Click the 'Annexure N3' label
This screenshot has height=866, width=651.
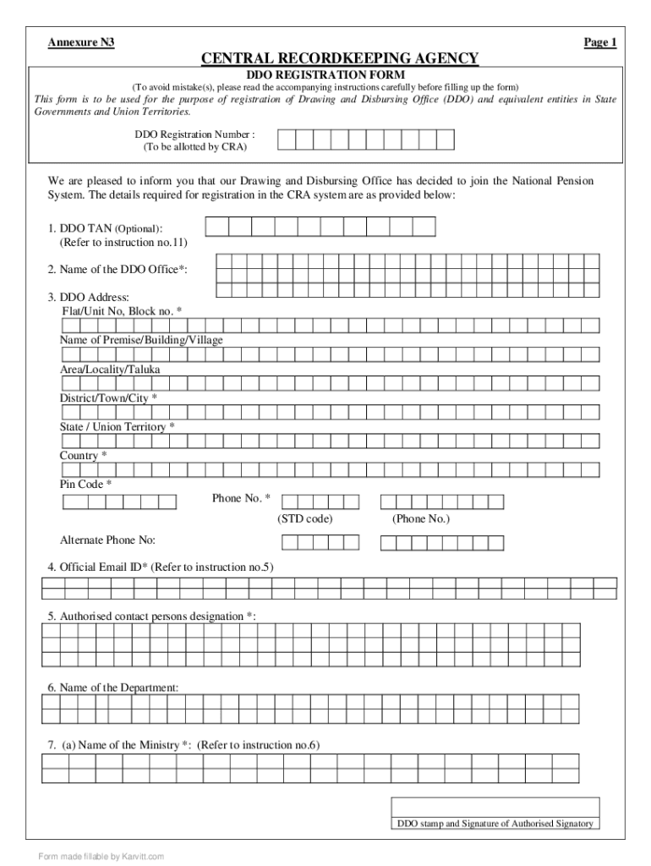[81, 42]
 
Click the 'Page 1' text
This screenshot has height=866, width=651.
[600, 42]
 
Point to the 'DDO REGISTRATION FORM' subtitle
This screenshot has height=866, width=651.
[325, 74]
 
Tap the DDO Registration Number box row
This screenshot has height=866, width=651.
[366, 140]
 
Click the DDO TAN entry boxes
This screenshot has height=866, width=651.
[320, 227]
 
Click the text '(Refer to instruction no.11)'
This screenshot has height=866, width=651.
[123, 243]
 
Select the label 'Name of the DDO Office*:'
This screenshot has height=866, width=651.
[118, 269]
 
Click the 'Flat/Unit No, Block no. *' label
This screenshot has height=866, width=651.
[121, 311]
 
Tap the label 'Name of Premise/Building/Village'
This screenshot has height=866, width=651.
[141, 340]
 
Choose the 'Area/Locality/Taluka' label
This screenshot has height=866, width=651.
[110, 370]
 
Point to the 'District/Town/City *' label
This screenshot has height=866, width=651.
[108, 398]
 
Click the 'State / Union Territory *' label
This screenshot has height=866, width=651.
[118, 427]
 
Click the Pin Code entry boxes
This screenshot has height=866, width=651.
[119, 502]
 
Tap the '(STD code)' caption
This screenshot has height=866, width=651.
[305, 518]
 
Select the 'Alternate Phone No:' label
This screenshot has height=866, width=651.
[107, 540]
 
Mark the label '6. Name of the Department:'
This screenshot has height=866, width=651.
[113, 688]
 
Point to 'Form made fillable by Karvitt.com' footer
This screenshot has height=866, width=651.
[101, 856]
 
